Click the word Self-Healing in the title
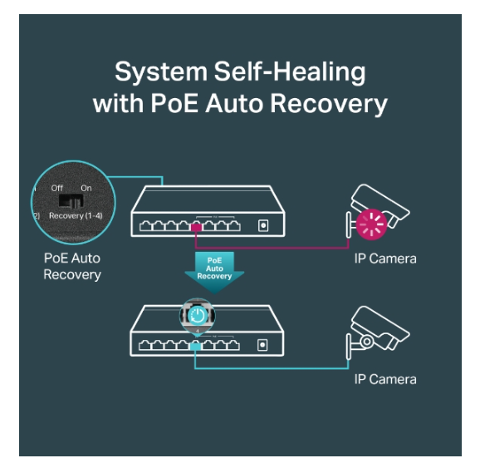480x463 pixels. (290, 72)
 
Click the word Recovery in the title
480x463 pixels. (329, 104)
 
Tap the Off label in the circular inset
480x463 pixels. (57, 188)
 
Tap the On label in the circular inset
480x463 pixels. (86, 188)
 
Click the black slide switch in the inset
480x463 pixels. (71, 200)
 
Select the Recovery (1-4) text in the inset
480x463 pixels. (76, 216)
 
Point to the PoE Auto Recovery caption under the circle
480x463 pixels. (72, 266)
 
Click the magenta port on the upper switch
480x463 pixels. (196, 227)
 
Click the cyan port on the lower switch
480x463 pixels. (195, 347)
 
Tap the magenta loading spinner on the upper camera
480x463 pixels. (371, 224)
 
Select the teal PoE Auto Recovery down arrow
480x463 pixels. (214, 272)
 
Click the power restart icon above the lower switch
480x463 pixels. (198, 315)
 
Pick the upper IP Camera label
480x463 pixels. (385, 259)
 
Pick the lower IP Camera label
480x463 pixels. (385, 380)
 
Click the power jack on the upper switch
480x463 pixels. (263, 226)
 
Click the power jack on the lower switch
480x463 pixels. (262, 345)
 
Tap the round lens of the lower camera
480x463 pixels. (366, 341)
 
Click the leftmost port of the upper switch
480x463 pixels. (146, 226)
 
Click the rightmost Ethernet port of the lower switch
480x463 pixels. (233, 345)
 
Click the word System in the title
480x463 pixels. (161, 72)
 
